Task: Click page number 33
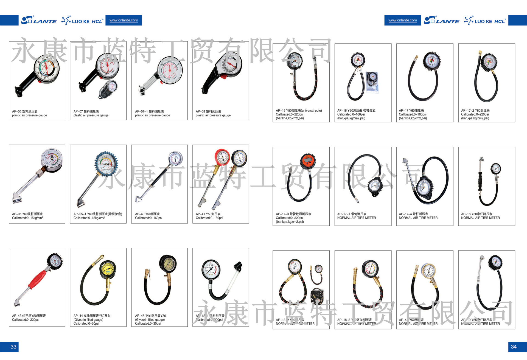[x=13, y=347]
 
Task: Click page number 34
[x=514, y=347]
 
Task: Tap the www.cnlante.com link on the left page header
[x=124, y=20]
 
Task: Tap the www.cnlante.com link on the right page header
[x=402, y=20]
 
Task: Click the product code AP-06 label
[x=17, y=111]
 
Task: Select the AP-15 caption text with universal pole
[x=299, y=111]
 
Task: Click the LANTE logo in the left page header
[x=39, y=20]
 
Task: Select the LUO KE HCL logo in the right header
[x=485, y=21]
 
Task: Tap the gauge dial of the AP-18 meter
[x=495, y=169]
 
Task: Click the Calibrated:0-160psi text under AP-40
[x=148, y=218]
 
